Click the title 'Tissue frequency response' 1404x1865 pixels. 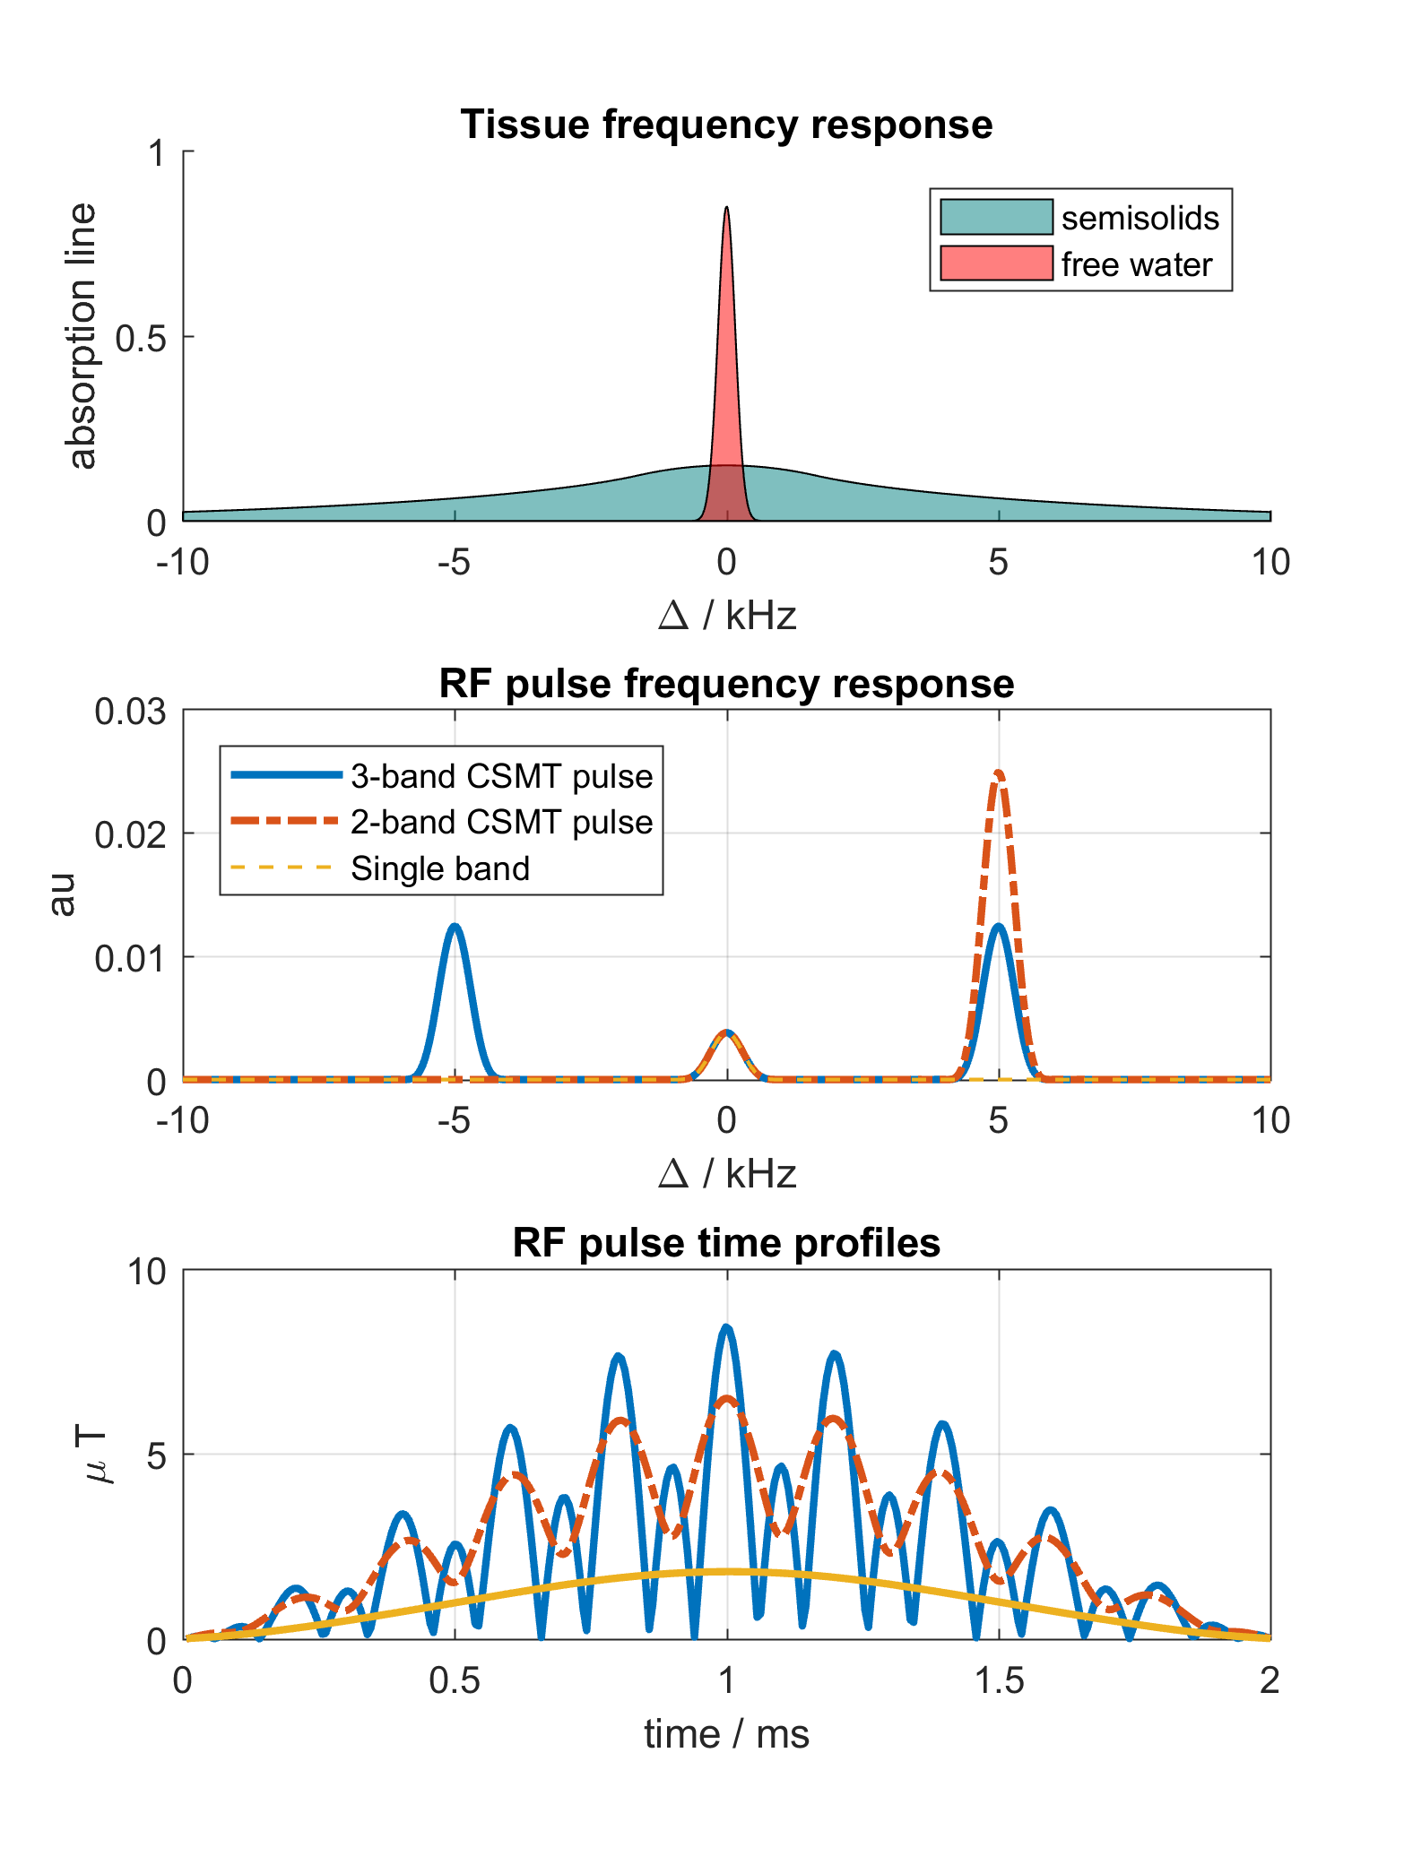click(726, 125)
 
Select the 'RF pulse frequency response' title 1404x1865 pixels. click(726, 684)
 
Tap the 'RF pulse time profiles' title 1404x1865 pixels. click(726, 1243)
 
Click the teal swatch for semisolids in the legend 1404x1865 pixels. click(996, 217)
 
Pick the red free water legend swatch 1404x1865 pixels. click(996, 263)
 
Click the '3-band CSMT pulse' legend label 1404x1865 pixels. click(501, 776)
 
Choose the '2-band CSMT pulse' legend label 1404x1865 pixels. click(501, 822)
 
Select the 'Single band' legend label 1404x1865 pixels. click(440, 868)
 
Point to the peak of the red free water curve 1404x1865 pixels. click(726, 209)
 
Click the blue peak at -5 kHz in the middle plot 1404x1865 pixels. click(455, 927)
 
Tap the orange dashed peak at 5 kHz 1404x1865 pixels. click(999, 773)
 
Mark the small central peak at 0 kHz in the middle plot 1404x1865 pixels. click(727, 1032)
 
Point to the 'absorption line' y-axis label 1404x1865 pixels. click(82, 336)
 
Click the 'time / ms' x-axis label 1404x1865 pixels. click(726, 1734)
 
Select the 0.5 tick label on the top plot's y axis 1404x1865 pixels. click(142, 338)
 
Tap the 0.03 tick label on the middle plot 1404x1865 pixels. click(131, 712)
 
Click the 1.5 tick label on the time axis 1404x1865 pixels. click(999, 1681)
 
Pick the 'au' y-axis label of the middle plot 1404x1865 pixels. click(62, 894)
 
